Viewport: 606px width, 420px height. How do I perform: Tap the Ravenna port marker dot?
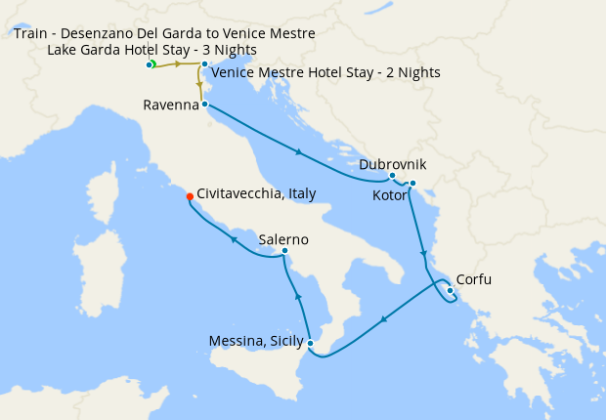click(x=204, y=104)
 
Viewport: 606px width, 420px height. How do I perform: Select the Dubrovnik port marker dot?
click(x=392, y=176)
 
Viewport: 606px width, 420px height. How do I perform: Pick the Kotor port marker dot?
click(x=412, y=184)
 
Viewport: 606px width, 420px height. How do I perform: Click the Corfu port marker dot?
click(x=450, y=289)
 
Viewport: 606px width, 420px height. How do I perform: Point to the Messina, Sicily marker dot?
click(x=310, y=342)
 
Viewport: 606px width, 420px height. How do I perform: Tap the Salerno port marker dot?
click(x=284, y=251)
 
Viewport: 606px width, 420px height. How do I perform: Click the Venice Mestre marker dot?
click(x=203, y=64)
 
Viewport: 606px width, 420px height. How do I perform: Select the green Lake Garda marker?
click(x=152, y=64)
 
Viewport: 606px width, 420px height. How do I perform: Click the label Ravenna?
click(x=171, y=104)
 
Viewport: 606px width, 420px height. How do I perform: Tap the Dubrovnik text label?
click(x=392, y=165)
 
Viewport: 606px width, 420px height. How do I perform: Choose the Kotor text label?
click(x=392, y=196)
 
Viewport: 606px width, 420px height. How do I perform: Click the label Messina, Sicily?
click(x=255, y=341)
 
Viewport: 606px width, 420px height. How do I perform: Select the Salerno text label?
click(x=283, y=239)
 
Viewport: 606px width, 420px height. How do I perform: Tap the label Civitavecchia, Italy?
click(x=256, y=193)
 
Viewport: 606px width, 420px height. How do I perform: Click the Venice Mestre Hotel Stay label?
click(x=325, y=72)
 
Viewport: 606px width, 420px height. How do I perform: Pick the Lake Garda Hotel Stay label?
click(x=152, y=50)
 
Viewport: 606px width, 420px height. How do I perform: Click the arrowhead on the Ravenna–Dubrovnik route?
click(x=297, y=151)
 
